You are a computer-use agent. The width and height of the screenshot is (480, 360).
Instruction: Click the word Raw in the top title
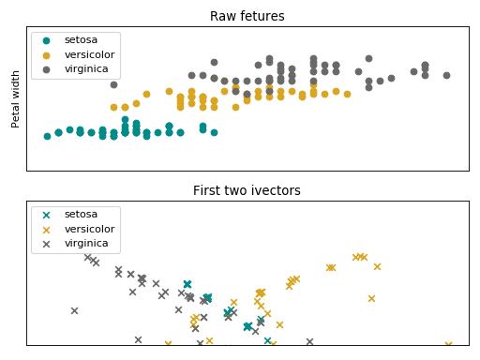tap(224, 16)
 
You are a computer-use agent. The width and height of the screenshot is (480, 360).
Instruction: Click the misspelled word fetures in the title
tap(262, 16)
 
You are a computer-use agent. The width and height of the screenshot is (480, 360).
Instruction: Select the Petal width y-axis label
tap(16, 98)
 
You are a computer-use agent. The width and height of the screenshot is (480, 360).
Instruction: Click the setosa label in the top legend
tap(80, 39)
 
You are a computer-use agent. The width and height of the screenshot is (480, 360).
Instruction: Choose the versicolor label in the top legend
tap(89, 54)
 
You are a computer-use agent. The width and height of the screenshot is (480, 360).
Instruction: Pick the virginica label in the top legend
tap(85, 69)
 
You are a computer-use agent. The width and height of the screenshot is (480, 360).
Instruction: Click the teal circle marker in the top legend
tap(47, 39)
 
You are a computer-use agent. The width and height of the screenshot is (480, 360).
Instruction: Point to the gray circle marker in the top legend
tap(47, 69)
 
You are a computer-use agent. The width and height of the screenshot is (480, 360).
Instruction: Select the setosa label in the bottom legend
tap(80, 214)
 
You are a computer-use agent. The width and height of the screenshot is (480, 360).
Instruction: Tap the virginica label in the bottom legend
tap(85, 244)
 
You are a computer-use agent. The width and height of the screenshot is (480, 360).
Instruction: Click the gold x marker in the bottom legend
tap(47, 229)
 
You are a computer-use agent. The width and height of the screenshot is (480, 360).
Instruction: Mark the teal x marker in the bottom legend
tap(47, 214)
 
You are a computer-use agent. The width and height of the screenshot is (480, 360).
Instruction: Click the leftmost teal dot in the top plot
tap(47, 136)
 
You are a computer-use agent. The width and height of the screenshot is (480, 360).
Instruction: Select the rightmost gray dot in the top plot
tap(446, 75)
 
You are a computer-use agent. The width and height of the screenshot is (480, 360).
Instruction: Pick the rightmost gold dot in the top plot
tap(347, 94)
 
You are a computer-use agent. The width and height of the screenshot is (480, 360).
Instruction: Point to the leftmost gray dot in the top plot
tap(113, 84)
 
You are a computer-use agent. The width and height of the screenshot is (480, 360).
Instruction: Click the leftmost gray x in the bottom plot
tap(74, 310)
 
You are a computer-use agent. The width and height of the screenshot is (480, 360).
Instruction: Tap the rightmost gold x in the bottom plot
tap(448, 345)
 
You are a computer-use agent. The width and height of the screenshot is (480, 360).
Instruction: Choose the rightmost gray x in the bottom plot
tap(309, 342)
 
